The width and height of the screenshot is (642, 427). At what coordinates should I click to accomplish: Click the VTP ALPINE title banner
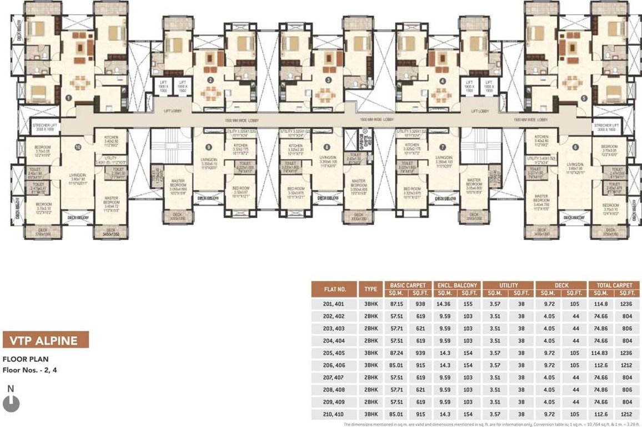point(46,340)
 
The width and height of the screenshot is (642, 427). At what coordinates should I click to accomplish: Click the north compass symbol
point(11,403)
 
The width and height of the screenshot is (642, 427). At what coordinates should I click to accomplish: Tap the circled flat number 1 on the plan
point(68,97)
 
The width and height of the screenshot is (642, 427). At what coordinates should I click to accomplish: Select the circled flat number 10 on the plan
point(78,147)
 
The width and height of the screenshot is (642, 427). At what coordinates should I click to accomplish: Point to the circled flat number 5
point(584,98)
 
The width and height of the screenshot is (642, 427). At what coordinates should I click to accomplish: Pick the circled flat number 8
point(327,147)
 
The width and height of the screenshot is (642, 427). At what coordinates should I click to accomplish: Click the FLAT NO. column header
point(335,289)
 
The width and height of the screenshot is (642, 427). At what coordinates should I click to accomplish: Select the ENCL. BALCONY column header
point(457,285)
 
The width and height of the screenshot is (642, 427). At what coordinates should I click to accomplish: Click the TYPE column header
point(371,289)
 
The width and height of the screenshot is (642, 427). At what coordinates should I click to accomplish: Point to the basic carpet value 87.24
point(396,353)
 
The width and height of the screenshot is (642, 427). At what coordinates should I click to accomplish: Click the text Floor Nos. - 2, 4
point(30,369)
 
